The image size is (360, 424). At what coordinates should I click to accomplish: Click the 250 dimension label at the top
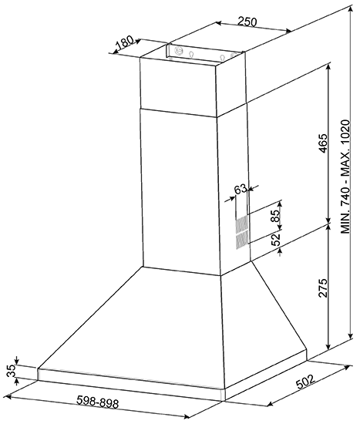tap(247, 22)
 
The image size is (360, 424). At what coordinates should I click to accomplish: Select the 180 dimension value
tap(125, 42)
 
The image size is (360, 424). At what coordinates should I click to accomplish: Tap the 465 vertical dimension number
tap(323, 143)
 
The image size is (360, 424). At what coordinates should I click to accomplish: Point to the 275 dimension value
tap(323, 288)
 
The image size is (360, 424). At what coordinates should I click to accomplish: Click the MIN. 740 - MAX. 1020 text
tap(345, 177)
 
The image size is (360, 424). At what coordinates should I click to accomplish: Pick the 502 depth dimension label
tap(305, 382)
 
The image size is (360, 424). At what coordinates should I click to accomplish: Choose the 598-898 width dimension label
tap(98, 402)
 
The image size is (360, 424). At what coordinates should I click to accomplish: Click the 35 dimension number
tap(12, 372)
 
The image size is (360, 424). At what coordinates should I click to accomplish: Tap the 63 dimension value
tap(241, 189)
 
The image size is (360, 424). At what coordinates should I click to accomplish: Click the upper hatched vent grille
tap(242, 225)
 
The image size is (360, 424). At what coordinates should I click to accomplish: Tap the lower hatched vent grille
tap(242, 241)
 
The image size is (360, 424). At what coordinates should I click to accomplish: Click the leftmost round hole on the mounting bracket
tap(179, 50)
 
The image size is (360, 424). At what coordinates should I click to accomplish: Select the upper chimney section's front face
tap(178, 86)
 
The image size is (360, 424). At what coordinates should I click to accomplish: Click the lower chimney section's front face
tap(181, 192)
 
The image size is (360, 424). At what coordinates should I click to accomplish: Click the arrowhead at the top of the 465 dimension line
tap(328, 66)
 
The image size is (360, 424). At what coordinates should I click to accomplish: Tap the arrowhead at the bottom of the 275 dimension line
tap(328, 346)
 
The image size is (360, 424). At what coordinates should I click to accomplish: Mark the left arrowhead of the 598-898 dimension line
tap(8, 397)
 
